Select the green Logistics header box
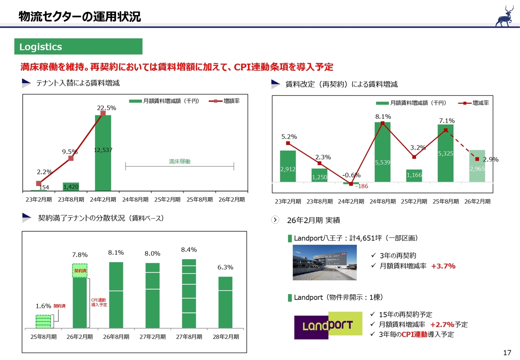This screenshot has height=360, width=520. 79,47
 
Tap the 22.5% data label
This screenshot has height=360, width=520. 106,108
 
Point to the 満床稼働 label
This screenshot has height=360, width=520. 180,162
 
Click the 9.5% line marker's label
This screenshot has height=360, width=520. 70,152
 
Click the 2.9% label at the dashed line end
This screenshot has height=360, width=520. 490,160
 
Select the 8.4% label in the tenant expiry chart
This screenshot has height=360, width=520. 189,249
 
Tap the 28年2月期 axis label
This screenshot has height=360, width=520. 225,337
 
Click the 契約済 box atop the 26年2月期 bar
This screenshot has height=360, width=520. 80,271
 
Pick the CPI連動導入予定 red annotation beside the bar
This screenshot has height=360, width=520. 99,302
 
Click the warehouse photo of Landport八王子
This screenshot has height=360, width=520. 325,262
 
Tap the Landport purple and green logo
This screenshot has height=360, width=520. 328,325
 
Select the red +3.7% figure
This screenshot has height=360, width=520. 443,266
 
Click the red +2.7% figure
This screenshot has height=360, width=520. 442,325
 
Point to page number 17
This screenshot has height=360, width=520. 507,352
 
